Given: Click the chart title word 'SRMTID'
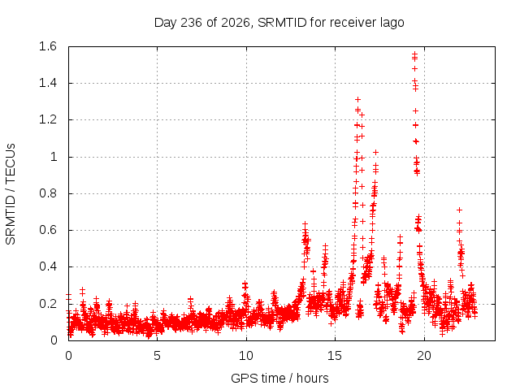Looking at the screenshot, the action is tap(282, 23).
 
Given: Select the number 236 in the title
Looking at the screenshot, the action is tap(192, 23).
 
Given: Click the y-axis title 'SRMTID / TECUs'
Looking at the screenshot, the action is tap(11, 194).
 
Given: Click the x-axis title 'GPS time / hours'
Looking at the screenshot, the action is tap(279, 378).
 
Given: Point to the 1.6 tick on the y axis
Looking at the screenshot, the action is tap(48, 46).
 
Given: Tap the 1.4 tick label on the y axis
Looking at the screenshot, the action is tap(48, 83).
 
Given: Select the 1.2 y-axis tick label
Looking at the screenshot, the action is tap(48, 119).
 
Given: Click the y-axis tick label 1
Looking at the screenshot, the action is tap(54, 157).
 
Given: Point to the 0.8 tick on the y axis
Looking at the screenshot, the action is tap(48, 193).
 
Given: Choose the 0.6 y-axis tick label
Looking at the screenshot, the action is tap(48, 230).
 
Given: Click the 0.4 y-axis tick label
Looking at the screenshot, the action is tap(48, 266).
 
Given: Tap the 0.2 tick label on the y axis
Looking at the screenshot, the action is tap(48, 303).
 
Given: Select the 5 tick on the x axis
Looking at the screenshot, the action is tap(157, 356).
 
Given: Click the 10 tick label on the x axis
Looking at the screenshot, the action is tap(246, 356).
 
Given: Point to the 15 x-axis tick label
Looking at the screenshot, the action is tap(335, 356).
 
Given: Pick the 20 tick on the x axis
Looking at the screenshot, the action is tap(424, 356).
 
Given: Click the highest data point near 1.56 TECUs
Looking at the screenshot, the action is tap(414, 54).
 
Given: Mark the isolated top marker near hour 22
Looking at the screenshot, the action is tap(459, 210).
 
